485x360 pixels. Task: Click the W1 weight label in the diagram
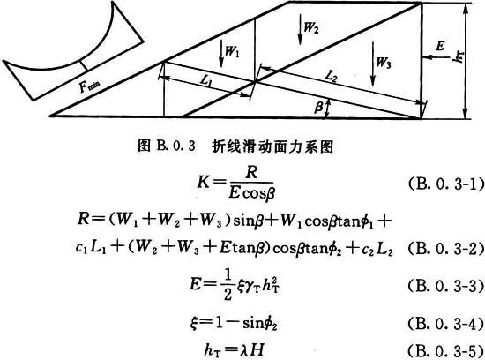[x=232, y=51]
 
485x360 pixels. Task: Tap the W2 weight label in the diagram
[x=311, y=27]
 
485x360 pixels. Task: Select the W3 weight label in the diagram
[x=384, y=63]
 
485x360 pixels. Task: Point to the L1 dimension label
[x=206, y=80]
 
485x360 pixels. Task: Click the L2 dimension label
[x=331, y=76]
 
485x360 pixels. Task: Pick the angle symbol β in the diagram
[x=318, y=108]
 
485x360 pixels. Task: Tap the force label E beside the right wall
[x=440, y=47]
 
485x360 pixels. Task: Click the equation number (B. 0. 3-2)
[x=445, y=249]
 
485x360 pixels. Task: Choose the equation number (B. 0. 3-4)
[x=445, y=324]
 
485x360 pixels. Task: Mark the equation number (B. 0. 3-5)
[x=445, y=350]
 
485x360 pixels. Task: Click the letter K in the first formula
[x=204, y=183]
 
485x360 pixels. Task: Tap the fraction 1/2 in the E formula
[x=228, y=285]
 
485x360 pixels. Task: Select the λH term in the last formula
[x=253, y=349]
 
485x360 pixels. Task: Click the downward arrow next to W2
[x=300, y=30]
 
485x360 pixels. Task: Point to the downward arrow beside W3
[x=373, y=64]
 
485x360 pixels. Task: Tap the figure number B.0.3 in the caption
[x=176, y=146]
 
